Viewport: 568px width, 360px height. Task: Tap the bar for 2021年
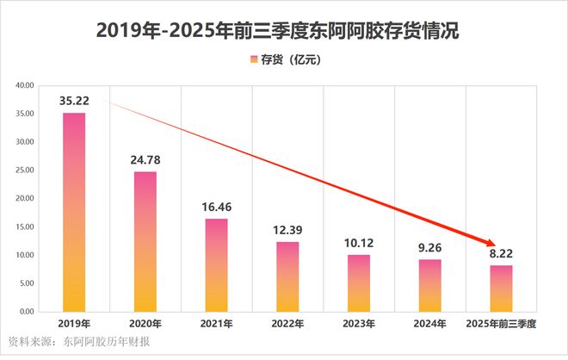[216, 264]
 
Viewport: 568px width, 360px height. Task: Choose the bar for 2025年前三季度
[500, 288]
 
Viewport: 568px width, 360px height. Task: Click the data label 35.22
[74, 101]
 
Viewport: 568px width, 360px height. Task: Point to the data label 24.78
[145, 160]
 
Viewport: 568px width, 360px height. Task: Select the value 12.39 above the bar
[287, 230]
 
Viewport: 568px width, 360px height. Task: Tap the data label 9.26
[429, 247]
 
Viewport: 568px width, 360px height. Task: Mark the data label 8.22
[500, 253]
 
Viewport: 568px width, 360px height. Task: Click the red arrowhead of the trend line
[494, 245]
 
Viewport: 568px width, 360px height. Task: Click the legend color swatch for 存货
[254, 59]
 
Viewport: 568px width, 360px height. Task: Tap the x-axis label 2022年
[287, 323]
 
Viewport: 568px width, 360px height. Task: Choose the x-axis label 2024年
[429, 323]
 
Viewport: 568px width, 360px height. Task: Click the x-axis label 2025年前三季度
[500, 323]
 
